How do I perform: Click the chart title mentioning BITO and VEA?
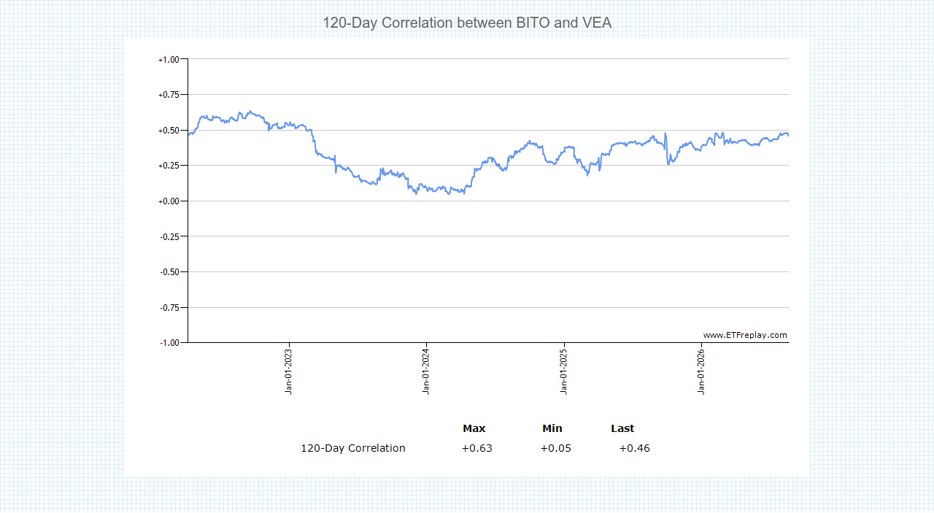467,23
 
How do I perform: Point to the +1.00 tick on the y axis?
169,60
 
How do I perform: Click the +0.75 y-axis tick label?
169,95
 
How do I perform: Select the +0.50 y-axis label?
169,131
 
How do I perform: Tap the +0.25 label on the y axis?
169,166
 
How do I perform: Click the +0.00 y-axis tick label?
169,201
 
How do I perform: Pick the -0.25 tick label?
169,237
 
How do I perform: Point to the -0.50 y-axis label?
169,272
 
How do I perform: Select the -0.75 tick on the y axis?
169,308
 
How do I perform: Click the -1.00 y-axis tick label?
169,343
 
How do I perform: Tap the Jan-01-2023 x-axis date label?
288,371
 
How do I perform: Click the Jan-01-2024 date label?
425,371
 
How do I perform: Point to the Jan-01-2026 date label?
701,371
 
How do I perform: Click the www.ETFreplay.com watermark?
745,335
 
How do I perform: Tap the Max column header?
474,428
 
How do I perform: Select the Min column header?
552,428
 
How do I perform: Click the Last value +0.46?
634,448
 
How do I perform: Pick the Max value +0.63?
476,448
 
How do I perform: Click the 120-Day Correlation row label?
353,448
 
